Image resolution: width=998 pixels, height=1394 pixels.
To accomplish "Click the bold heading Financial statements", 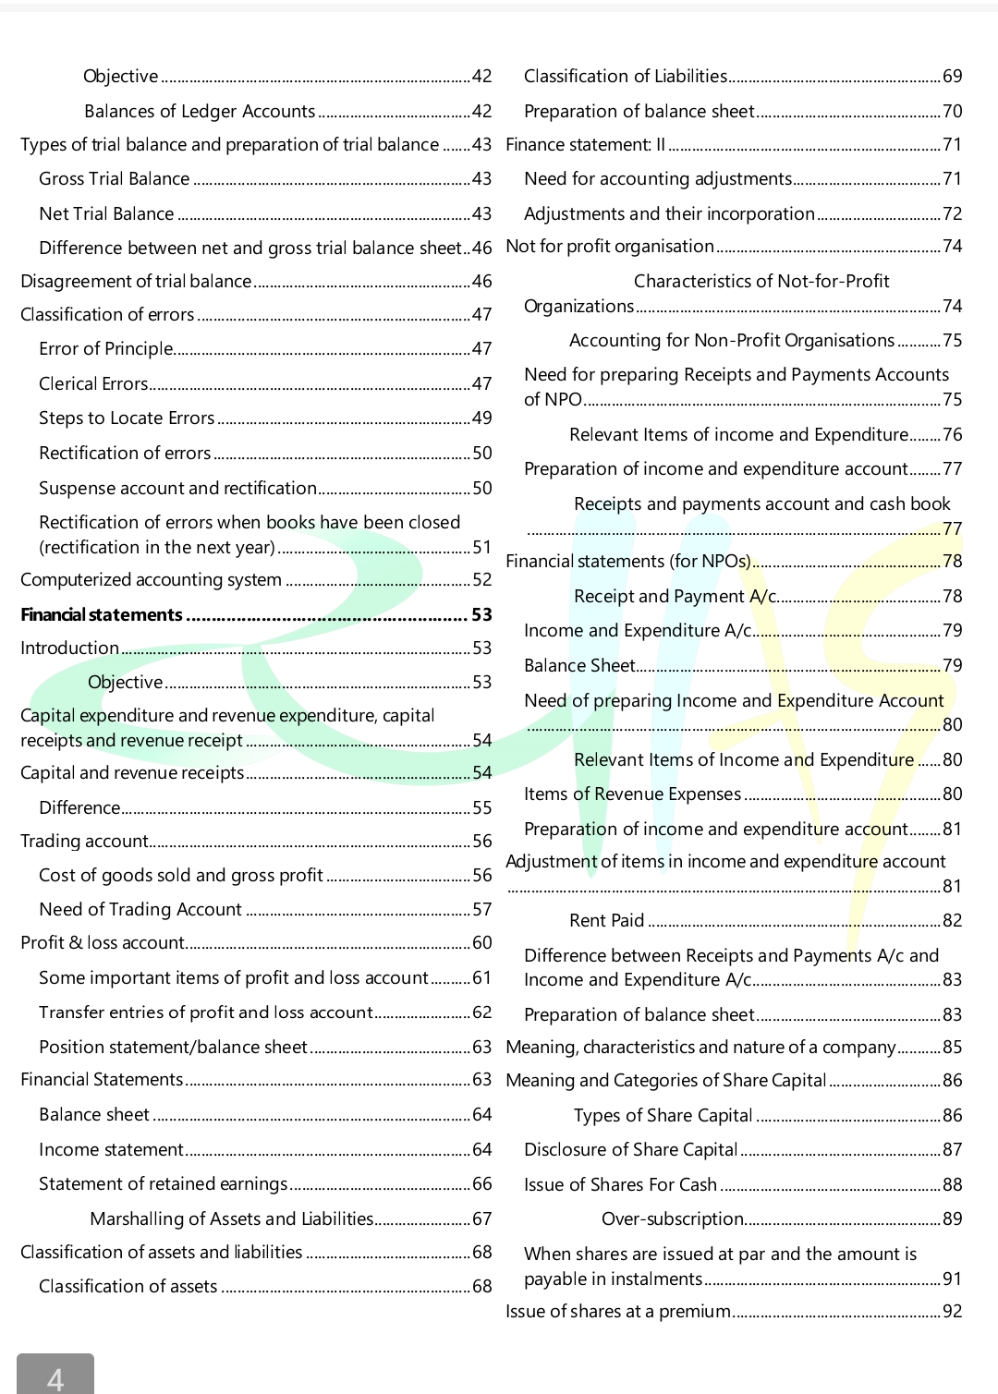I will point(102,615).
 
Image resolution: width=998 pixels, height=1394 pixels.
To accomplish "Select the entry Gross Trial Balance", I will point(114,179).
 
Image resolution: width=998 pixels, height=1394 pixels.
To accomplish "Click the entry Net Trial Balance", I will point(106,214).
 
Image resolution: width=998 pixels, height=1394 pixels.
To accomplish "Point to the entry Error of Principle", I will point(105,349).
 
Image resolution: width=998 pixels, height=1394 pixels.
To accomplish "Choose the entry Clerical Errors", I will point(93,384).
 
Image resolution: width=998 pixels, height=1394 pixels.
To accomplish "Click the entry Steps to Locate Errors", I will point(127,418).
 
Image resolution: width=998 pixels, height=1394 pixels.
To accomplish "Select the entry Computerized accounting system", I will point(151,580).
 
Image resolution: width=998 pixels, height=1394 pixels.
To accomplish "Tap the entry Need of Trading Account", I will point(140,910).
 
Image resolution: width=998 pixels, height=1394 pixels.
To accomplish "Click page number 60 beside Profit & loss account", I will point(482,943).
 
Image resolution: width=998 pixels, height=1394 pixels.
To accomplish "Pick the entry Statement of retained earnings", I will point(164,1184).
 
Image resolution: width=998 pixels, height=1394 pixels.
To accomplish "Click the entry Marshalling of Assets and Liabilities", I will point(232,1219).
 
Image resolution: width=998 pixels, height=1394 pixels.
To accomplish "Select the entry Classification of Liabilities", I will point(626,77).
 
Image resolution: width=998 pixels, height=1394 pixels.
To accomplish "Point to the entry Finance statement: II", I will point(586,145).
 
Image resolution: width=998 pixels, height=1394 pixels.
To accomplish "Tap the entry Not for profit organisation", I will point(610,247).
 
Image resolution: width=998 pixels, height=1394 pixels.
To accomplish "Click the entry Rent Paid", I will point(607,921).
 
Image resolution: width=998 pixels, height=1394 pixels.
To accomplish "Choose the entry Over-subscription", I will point(673,1219).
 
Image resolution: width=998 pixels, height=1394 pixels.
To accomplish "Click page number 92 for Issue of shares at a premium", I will point(952,1312).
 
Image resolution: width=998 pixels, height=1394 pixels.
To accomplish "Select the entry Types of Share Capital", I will point(663,1116).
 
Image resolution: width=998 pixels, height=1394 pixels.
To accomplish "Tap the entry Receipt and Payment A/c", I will point(675,597).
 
